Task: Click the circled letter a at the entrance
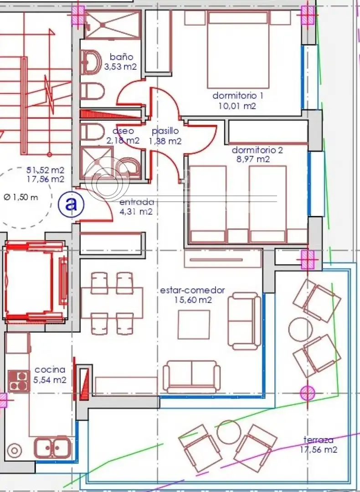click(x=71, y=204)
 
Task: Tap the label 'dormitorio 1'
click(x=238, y=95)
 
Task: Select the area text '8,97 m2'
click(x=253, y=159)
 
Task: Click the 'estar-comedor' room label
click(x=192, y=290)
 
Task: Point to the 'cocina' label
click(x=50, y=369)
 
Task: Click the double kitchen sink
click(x=53, y=447)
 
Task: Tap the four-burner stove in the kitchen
click(x=19, y=381)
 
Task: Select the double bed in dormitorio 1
click(x=238, y=50)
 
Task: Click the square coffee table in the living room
click(x=194, y=324)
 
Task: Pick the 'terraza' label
click(x=319, y=440)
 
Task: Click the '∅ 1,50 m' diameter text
click(x=21, y=197)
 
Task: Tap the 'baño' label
click(x=121, y=57)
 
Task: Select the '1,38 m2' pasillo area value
click(x=165, y=141)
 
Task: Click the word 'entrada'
click(x=137, y=202)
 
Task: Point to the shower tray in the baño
click(x=113, y=25)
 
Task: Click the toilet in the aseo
click(x=92, y=132)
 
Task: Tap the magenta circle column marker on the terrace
click(x=307, y=393)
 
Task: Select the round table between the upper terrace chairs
click(x=300, y=329)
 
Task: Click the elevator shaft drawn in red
click(x=35, y=281)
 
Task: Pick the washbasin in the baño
click(x=91, y=62)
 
